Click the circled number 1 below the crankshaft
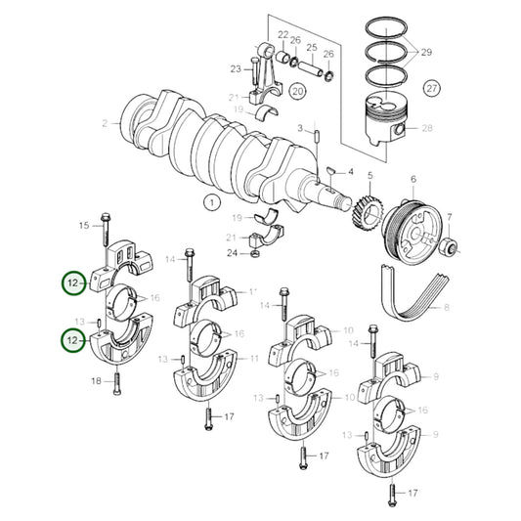tap(209, 203)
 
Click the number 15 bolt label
tap(83, 226)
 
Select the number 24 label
tap(231, 254)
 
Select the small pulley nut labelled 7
tap(450, 244)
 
